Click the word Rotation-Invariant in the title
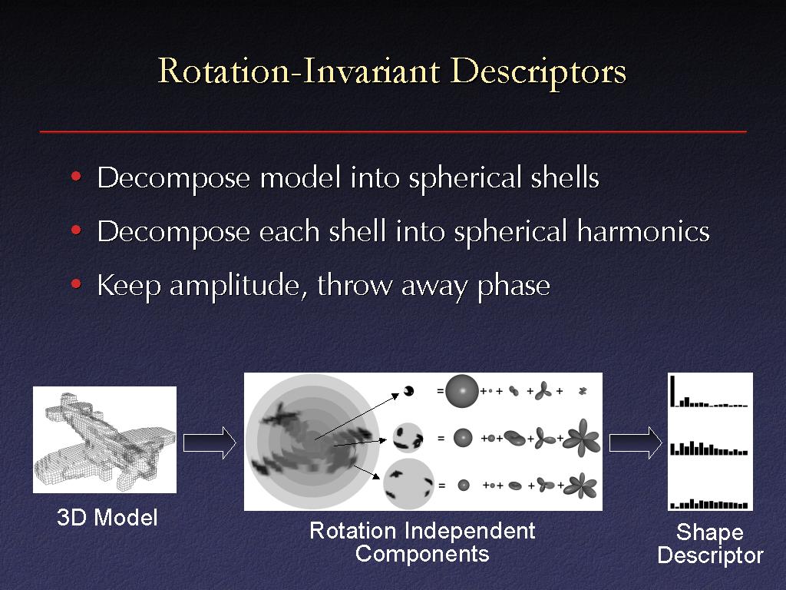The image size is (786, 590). [x=299, y=71]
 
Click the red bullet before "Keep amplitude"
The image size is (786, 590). [x=76, y=284]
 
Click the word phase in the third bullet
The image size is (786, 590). [x=514, y=286]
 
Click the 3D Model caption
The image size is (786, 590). [x=107, y=517]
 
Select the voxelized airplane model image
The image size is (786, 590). [x=104, y=439]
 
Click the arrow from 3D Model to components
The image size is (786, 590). [x=210, y=443]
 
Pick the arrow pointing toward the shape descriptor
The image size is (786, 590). [x=636, y=443]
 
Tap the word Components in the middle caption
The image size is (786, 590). [x=422, y=554]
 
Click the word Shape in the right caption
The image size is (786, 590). [x=710, y=532]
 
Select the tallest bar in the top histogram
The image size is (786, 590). [x=672, y=390]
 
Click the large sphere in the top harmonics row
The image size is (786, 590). [x=461, y=391]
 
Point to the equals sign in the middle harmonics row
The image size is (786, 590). [x=441, y=438]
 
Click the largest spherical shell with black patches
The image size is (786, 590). [x=408, y=484]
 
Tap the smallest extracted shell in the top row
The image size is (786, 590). [x=408, y=391]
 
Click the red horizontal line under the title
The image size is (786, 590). [x=393, y=131]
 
